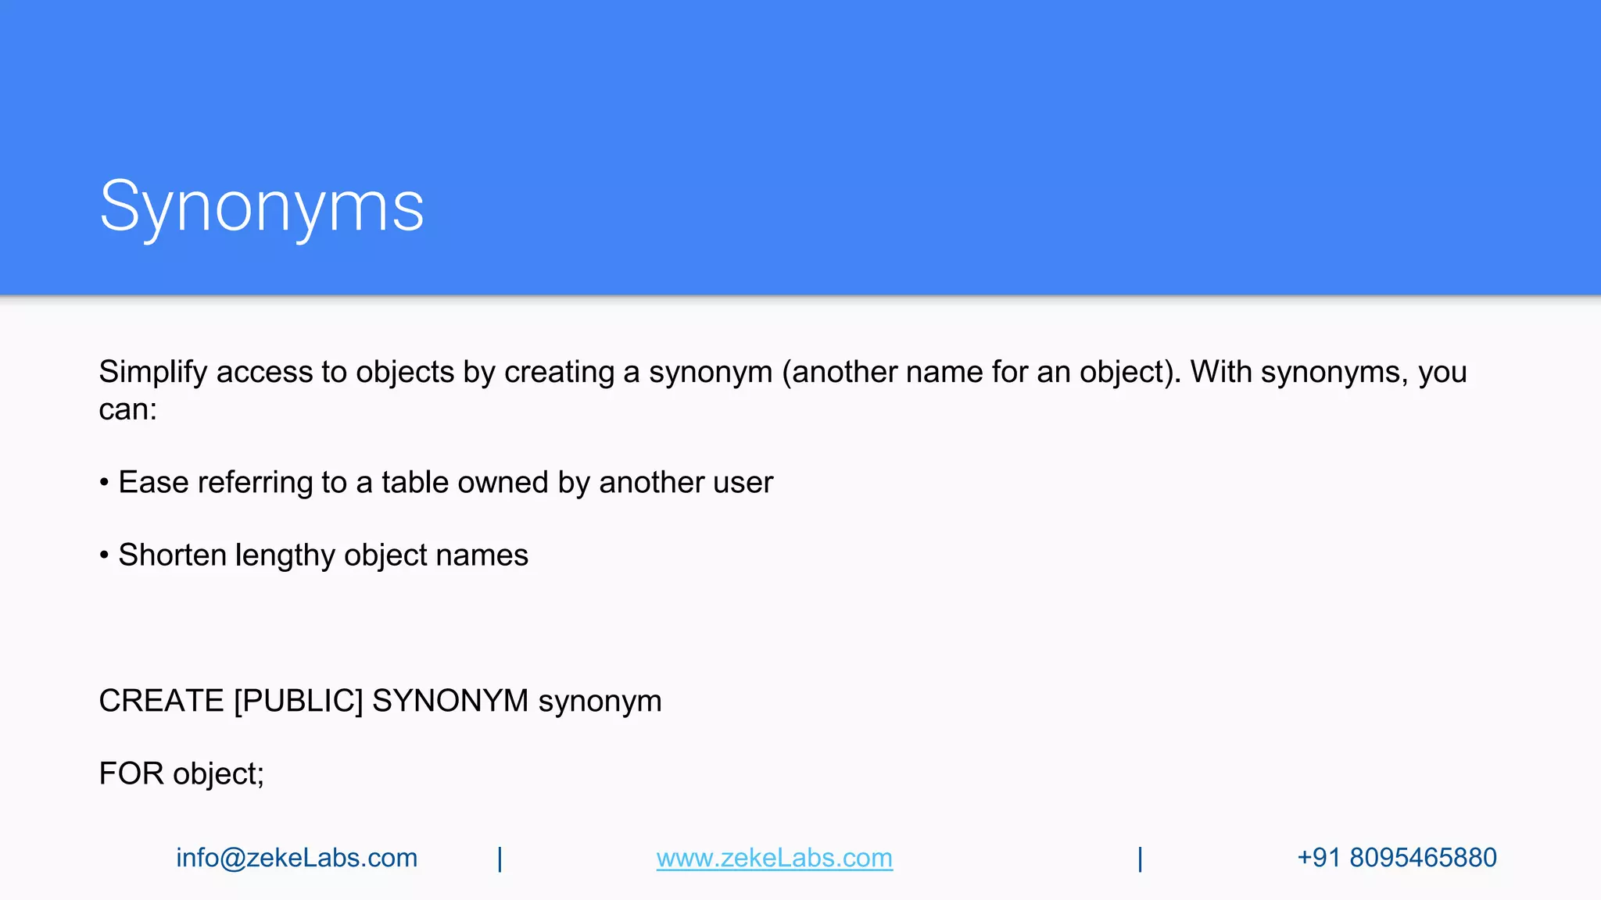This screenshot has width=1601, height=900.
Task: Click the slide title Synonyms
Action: [262, 207]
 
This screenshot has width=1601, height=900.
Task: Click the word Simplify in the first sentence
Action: [152, 373]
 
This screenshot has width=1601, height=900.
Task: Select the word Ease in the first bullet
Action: [153, 483]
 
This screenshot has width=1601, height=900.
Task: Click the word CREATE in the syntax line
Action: [161, 701]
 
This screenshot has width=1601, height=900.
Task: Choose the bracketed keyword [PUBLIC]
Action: [299, 701]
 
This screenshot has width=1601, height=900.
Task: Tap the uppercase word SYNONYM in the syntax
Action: [450, 701]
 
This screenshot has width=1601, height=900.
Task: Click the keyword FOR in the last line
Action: [131, 773]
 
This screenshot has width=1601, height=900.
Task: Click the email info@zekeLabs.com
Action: [296, 858]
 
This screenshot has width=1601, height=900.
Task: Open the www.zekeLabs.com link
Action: [774, 858]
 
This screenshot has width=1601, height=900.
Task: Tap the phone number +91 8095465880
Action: [1396, 858]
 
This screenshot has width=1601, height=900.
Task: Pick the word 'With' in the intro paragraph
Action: [1221, 373]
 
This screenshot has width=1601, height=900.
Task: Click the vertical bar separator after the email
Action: [500, 859]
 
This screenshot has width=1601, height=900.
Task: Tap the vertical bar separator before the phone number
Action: [1140, 859]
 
